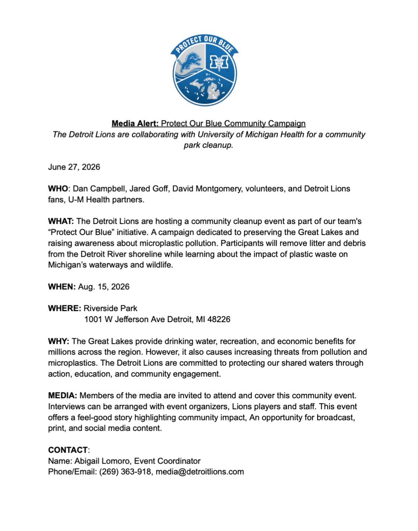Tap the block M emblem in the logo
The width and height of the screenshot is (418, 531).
(x=219, y=62)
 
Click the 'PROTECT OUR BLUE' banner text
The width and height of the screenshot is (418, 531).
(x=205, y=44)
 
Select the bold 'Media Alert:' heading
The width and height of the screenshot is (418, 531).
(x=135, y=124)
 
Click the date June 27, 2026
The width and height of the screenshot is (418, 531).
(x=74, y=167)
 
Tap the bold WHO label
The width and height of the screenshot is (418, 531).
(x=58, y=189)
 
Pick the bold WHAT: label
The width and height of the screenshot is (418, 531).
(x=61, y=221)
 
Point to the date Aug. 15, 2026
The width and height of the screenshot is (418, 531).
(x=104, y=287)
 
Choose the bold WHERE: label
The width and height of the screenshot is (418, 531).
(x=64, y=309)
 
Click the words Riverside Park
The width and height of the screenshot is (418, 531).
(x=110, y=309)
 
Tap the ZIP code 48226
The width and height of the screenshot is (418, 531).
(x=219, y=319)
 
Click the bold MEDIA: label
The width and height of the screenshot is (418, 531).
(x=63, y=396)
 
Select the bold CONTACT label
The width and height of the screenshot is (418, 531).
(x=68, y=450)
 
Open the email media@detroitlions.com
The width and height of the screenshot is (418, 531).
(x=200, y=472)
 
